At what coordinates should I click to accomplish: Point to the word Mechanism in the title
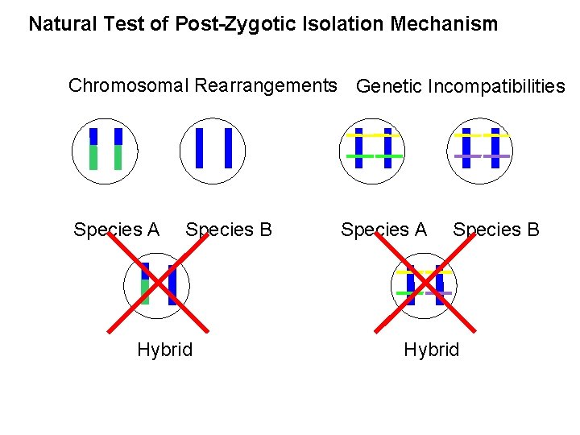[444, 24]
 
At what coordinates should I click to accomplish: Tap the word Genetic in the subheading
[389, 86]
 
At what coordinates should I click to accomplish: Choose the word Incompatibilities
[497, 86]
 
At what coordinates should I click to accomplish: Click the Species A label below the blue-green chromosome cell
[116, 230]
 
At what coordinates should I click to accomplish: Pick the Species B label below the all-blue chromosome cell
[229, 230]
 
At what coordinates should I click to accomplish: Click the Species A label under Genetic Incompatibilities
[383, 230]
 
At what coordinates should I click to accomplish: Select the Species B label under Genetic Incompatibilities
[496, 230]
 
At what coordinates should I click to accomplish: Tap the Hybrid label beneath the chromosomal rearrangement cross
[164, 350]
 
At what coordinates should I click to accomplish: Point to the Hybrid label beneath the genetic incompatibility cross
[431, 350]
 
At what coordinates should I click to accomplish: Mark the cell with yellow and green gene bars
[373, 149]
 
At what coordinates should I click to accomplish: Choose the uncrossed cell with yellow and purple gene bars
[480, 149]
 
